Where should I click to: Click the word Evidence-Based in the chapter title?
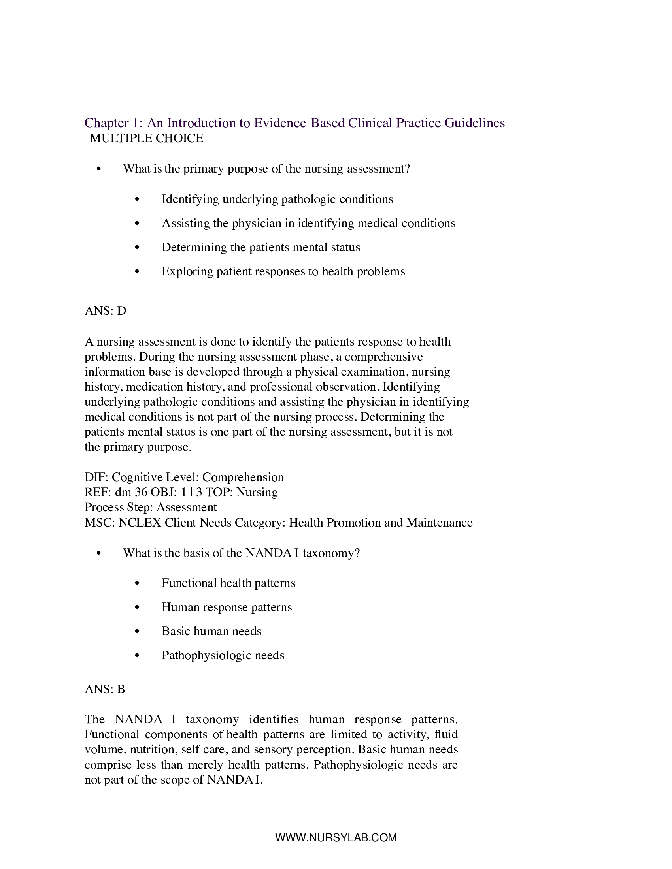299,123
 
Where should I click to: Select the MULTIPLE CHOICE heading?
146,139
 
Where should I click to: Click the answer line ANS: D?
105,311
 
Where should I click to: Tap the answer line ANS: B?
105,689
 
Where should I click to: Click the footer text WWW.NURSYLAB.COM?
336,837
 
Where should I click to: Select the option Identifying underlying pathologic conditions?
277,199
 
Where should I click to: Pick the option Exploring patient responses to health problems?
283,271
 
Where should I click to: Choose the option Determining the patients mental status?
261,248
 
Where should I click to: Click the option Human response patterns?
227,607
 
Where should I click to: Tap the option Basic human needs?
211,632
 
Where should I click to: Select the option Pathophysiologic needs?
223,655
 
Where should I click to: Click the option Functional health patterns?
228,583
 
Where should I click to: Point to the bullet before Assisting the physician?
137,224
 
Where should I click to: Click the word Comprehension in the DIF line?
243,477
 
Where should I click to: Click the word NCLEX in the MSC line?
140,523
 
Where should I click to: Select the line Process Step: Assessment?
151,507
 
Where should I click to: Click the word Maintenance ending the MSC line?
439,523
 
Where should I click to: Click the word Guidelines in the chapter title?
474,123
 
